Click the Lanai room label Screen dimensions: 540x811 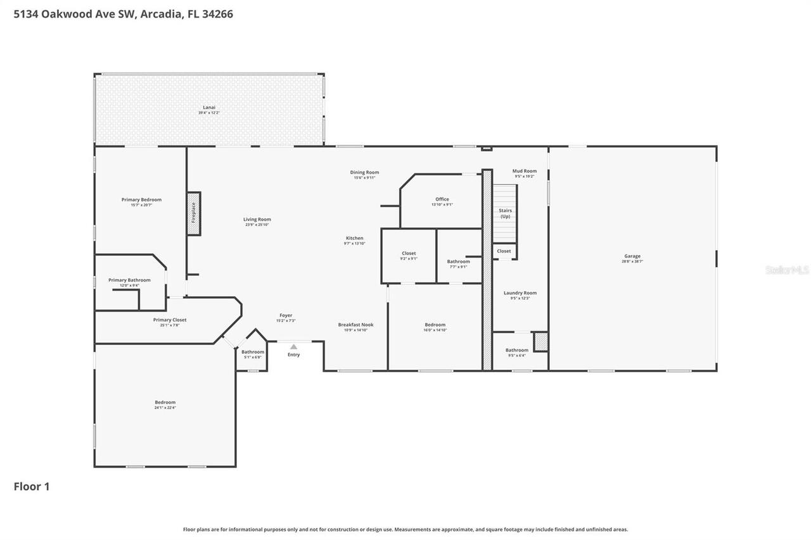pos(209,108)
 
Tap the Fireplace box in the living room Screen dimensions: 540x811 pos(194,213)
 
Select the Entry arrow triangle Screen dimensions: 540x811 pos(293,346)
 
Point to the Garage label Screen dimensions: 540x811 pos(632,256)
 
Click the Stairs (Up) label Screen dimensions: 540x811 pos(505,213)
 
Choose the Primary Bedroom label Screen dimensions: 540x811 pos(141,199)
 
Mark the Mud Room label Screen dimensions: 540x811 pos(524,171)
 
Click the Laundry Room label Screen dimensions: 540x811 pos(520,293)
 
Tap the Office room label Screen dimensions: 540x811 pos(442,199)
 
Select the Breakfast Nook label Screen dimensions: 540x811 pos(355,325)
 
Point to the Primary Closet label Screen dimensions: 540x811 pos(170,320)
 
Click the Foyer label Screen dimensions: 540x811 pos(286,315)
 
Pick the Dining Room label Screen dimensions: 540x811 pos(364,172)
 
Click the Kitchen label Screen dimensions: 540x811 pos(354,238)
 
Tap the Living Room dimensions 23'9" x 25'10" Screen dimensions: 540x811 pos(257,225)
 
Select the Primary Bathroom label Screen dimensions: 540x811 pos(129,280)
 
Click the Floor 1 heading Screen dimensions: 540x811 pos(32,486)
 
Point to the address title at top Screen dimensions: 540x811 pos(124,13)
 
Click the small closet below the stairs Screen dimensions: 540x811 pos(504,251)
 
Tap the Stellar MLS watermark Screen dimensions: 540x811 pos(787,270)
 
